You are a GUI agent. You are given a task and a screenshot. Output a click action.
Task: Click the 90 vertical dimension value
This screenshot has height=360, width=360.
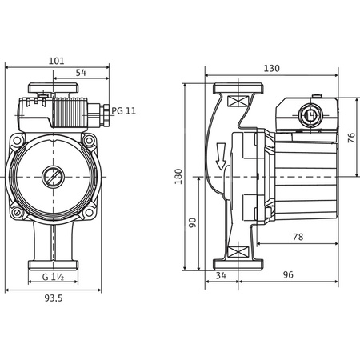(192, 222)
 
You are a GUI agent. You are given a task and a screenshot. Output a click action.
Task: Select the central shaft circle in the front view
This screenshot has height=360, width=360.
(54, 174)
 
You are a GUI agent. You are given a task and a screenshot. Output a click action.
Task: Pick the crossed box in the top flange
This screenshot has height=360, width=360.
(237, 102)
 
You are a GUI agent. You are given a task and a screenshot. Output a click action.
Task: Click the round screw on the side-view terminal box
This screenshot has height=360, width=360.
(311, 113)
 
